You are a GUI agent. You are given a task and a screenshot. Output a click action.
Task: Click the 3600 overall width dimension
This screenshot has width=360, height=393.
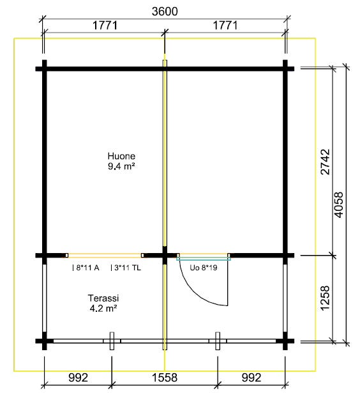165,12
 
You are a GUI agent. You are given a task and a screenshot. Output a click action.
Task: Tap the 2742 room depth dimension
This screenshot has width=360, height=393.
326,162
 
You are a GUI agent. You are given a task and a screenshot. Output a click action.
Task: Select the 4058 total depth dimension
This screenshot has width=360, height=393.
339,204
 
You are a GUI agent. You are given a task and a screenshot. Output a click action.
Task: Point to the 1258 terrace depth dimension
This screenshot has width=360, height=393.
325,298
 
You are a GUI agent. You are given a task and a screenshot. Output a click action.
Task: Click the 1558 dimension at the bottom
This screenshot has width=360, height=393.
165,378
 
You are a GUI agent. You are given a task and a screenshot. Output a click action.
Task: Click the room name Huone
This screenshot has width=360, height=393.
121,156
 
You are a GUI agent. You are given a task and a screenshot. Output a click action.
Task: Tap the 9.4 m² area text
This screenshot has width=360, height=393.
121,166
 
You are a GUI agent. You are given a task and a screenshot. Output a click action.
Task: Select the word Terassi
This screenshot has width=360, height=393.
103,298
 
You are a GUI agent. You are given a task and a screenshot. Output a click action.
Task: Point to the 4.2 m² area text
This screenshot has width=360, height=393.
103,308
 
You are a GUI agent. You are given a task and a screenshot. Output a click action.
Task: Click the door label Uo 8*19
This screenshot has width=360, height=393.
203,268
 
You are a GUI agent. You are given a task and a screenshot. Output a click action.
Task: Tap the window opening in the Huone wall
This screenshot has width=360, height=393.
105,256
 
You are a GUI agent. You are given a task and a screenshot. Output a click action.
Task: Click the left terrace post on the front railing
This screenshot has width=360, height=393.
112,341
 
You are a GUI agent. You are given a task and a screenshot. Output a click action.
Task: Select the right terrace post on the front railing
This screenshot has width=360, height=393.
218,341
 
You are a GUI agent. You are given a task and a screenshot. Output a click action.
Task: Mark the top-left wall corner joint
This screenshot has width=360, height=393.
44,68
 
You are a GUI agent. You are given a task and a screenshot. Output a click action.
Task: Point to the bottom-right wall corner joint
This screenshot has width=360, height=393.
285,341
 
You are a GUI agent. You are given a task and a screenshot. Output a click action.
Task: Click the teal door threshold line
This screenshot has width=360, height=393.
204,259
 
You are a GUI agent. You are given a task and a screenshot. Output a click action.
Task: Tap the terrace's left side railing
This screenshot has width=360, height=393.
44,298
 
